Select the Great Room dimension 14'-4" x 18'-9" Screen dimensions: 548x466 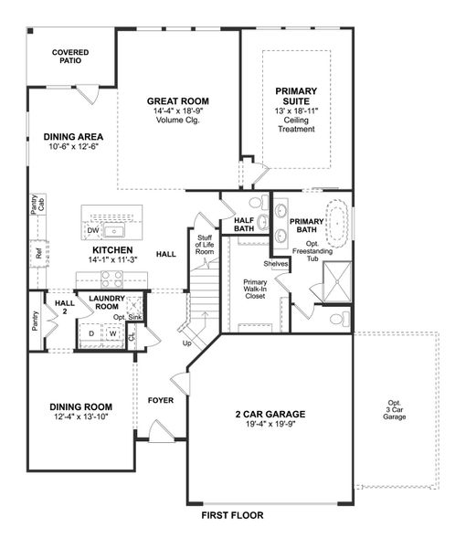click(x=178, y=111)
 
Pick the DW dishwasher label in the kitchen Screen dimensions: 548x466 click(x=93, y=231)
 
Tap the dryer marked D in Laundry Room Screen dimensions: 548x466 click(x=90, y=333)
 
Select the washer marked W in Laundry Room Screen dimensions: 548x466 click(x=113, y=333)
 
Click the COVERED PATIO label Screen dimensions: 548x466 click(x=70, y=58)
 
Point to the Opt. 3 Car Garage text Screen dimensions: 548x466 click(x=394, y=409)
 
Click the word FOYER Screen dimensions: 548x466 click(x=161, y=400)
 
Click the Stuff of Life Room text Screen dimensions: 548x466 click(x=205, y=244)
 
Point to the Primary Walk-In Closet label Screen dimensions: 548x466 click(x=255, y=289)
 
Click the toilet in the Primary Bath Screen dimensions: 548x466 click(x=337, y=319)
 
